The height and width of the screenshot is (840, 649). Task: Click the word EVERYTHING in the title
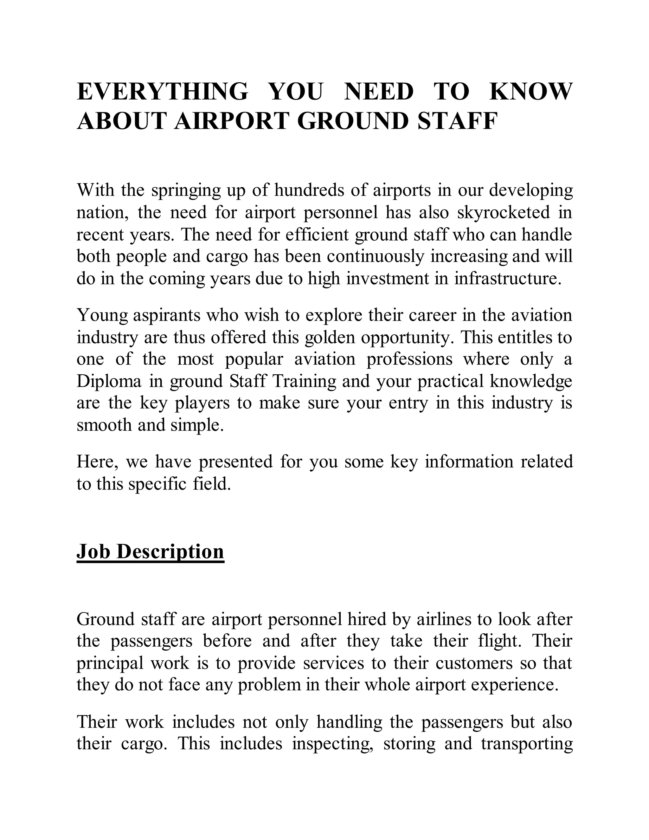[162, 92]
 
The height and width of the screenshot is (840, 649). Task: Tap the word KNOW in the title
[530, 92]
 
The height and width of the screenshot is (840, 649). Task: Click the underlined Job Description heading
[150, 551]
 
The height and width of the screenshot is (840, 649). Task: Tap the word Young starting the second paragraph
[102, 316]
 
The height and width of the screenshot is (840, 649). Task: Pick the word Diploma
[109, 382]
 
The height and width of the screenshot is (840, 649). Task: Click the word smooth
[104, 425]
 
